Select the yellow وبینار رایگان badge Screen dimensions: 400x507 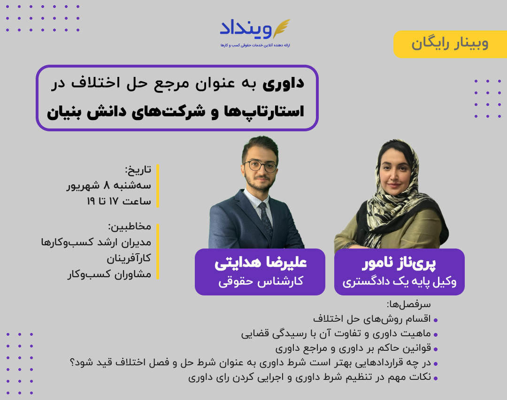pos(450,44)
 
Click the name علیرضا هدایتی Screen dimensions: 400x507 pos(260,263)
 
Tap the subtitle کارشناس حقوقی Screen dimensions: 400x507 pos(260,281)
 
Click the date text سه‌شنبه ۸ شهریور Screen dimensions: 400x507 pos(109,185)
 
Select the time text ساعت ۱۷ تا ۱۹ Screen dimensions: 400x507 pos(118,201)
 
